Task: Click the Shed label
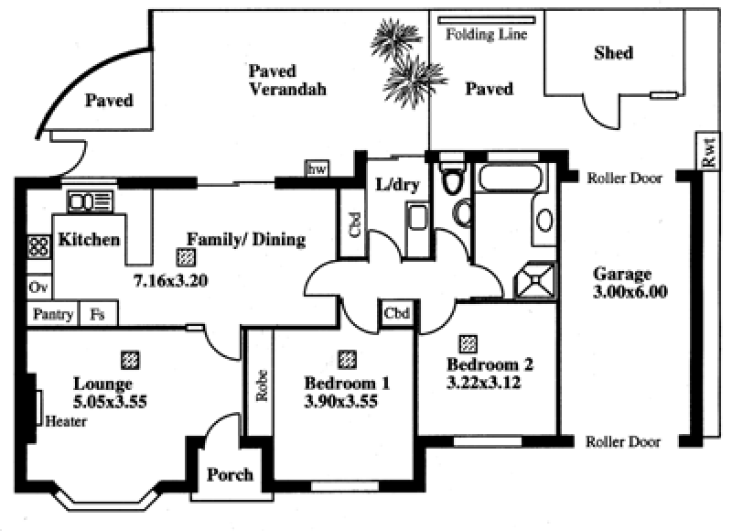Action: pyautogui.click(x=613, y=53)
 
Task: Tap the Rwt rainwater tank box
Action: pyautogui.click(x=707, y=151)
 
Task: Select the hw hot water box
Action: pyautogui.click(x=317, y=168)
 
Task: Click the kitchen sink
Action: pyautogui.click(x=91, y=200)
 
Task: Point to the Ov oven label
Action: pyautogui.click(x=38, y=287)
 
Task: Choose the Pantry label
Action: pyautogui.click(x=53, y=314)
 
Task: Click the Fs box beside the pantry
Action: pyautogui.click(x=98, y=314)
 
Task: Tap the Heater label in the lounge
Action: pyautogui.click(x=66, y=421)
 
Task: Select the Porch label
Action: pyautogui.click(x=230, y=474)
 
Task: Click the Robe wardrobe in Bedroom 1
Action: pyautogui.click(x=260, y=383)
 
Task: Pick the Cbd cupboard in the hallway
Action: pyautogui.click(x=397, y=313)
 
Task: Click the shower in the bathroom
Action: pyautogui.click(x=535, y=281)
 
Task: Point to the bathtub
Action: pyautogui.click(x=511, y=177)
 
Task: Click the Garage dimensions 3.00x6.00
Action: pyautogui.click(x=630, y=292)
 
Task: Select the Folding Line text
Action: pyautogui.click(x=487, y=34)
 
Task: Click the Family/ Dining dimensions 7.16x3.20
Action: pyautogui.click(x=171, y=281)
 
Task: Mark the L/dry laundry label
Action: pyautogui.click(x=398, y=185)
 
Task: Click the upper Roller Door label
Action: pyautogui.click(x=624, y=178)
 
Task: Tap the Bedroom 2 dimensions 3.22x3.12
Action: pyautogui.click(x=484, y=383)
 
